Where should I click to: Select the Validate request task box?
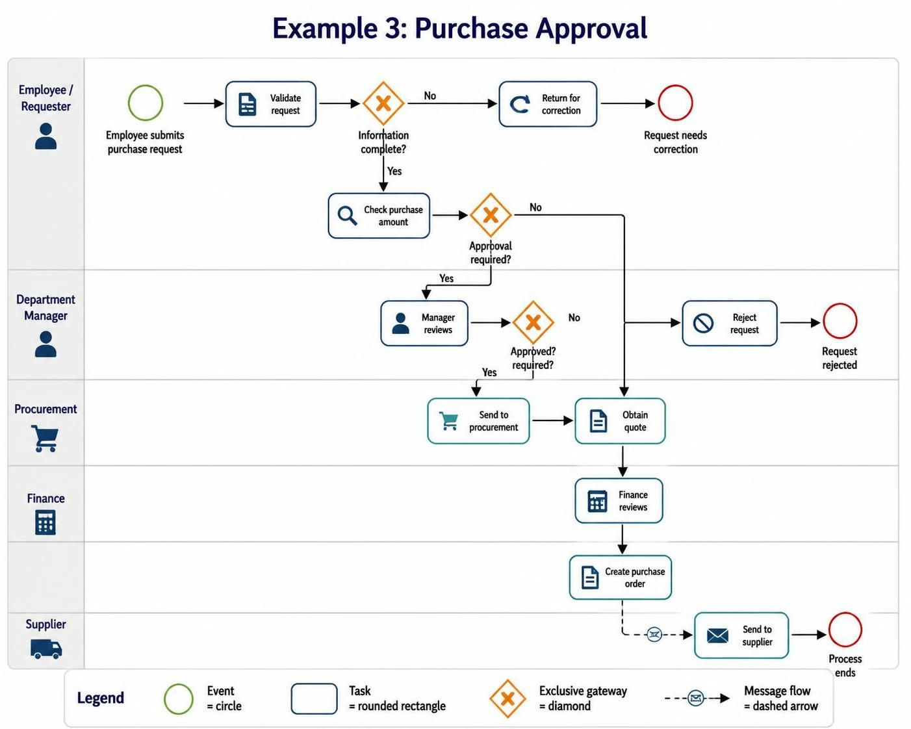point(270,104)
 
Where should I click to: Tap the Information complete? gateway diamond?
point(383,103)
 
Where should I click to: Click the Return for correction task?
point(548,104)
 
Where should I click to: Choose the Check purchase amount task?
point(379,216)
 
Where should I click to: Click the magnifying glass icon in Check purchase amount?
point(347,216)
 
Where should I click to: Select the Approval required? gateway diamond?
point(491,215)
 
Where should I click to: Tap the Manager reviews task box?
point(424,324)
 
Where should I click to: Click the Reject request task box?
point(730,324)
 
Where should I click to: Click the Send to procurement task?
point(478,421)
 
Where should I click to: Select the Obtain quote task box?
point(620,421)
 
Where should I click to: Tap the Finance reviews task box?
point(619,501)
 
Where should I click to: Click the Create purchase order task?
point(620,578)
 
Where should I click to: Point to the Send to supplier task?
point(741,635)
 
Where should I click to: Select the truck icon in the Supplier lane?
point(46,649)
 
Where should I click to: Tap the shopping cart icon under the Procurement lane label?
point(44,439)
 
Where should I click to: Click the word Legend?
point(100,698)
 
